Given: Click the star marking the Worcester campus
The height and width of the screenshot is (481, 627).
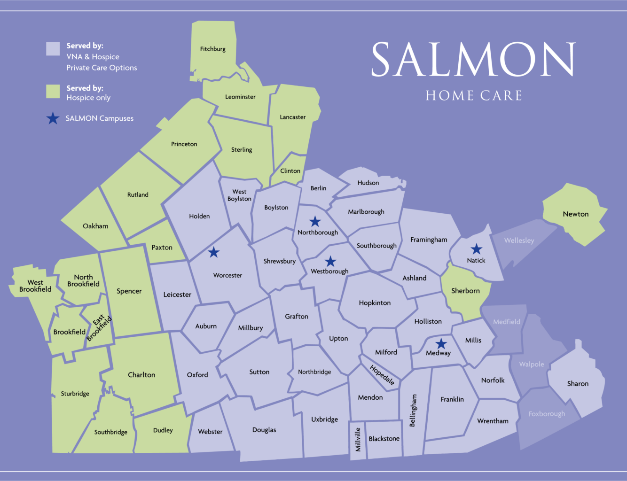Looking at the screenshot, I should click(x=214, y=253).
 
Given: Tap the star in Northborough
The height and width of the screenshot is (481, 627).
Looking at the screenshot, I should click(x=315, y=221).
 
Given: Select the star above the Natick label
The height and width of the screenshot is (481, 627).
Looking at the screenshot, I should click(x=477, y=249).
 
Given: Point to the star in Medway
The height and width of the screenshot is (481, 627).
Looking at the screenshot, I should click(x=441, y=344).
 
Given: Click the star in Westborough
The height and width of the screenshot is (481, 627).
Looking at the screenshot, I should click(x=330, y=261).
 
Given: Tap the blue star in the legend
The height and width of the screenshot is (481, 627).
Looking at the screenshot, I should click(x=53, y=118).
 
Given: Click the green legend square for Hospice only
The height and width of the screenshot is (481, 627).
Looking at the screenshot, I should click(x=53, y=92).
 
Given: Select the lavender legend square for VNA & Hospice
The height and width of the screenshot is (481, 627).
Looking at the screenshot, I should click(x=53, y=49).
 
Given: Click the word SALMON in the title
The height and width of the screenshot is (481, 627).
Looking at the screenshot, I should click(x=473, y=60).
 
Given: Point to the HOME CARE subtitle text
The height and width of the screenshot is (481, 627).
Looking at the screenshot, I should click(x=473, y=96).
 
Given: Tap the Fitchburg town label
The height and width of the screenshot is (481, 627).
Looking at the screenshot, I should click(x=212, y=49).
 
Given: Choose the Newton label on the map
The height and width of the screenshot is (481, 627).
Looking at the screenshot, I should click(x=575, y=214).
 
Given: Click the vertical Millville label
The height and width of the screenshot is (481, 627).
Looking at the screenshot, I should click(x=358, y=440).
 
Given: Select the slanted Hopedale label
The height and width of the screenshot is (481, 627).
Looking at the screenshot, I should click(x=382, y=375).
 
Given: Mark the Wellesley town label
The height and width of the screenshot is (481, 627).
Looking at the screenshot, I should click(x=519, y=240).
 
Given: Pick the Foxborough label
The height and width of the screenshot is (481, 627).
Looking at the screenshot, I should click(x=547, y=414).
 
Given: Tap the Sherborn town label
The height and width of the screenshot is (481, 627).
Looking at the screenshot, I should click(x=465, y=291).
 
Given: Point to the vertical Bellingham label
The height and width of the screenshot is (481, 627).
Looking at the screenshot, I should click(x=413, y=411).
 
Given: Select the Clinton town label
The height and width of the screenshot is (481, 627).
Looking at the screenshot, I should click(x=290, y=171).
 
